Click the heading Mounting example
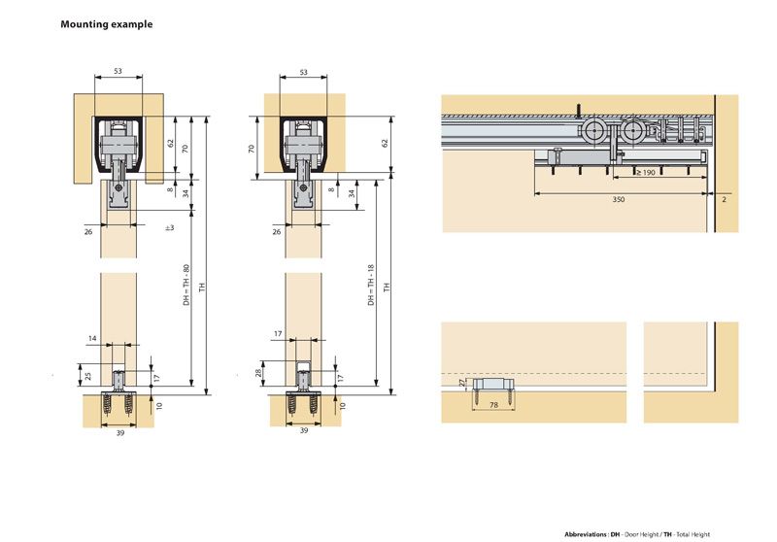tap(106, 23)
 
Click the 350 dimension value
tap(618, 199)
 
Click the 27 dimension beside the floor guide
tap(461, 384)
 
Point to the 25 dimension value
tap(86, 375)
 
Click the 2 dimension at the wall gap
tap(725, 198)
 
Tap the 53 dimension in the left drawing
tap(118, 73)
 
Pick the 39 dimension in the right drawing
tap(303, 430)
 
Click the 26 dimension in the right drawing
tap(277, 232)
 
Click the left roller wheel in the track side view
tap(592, 132)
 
